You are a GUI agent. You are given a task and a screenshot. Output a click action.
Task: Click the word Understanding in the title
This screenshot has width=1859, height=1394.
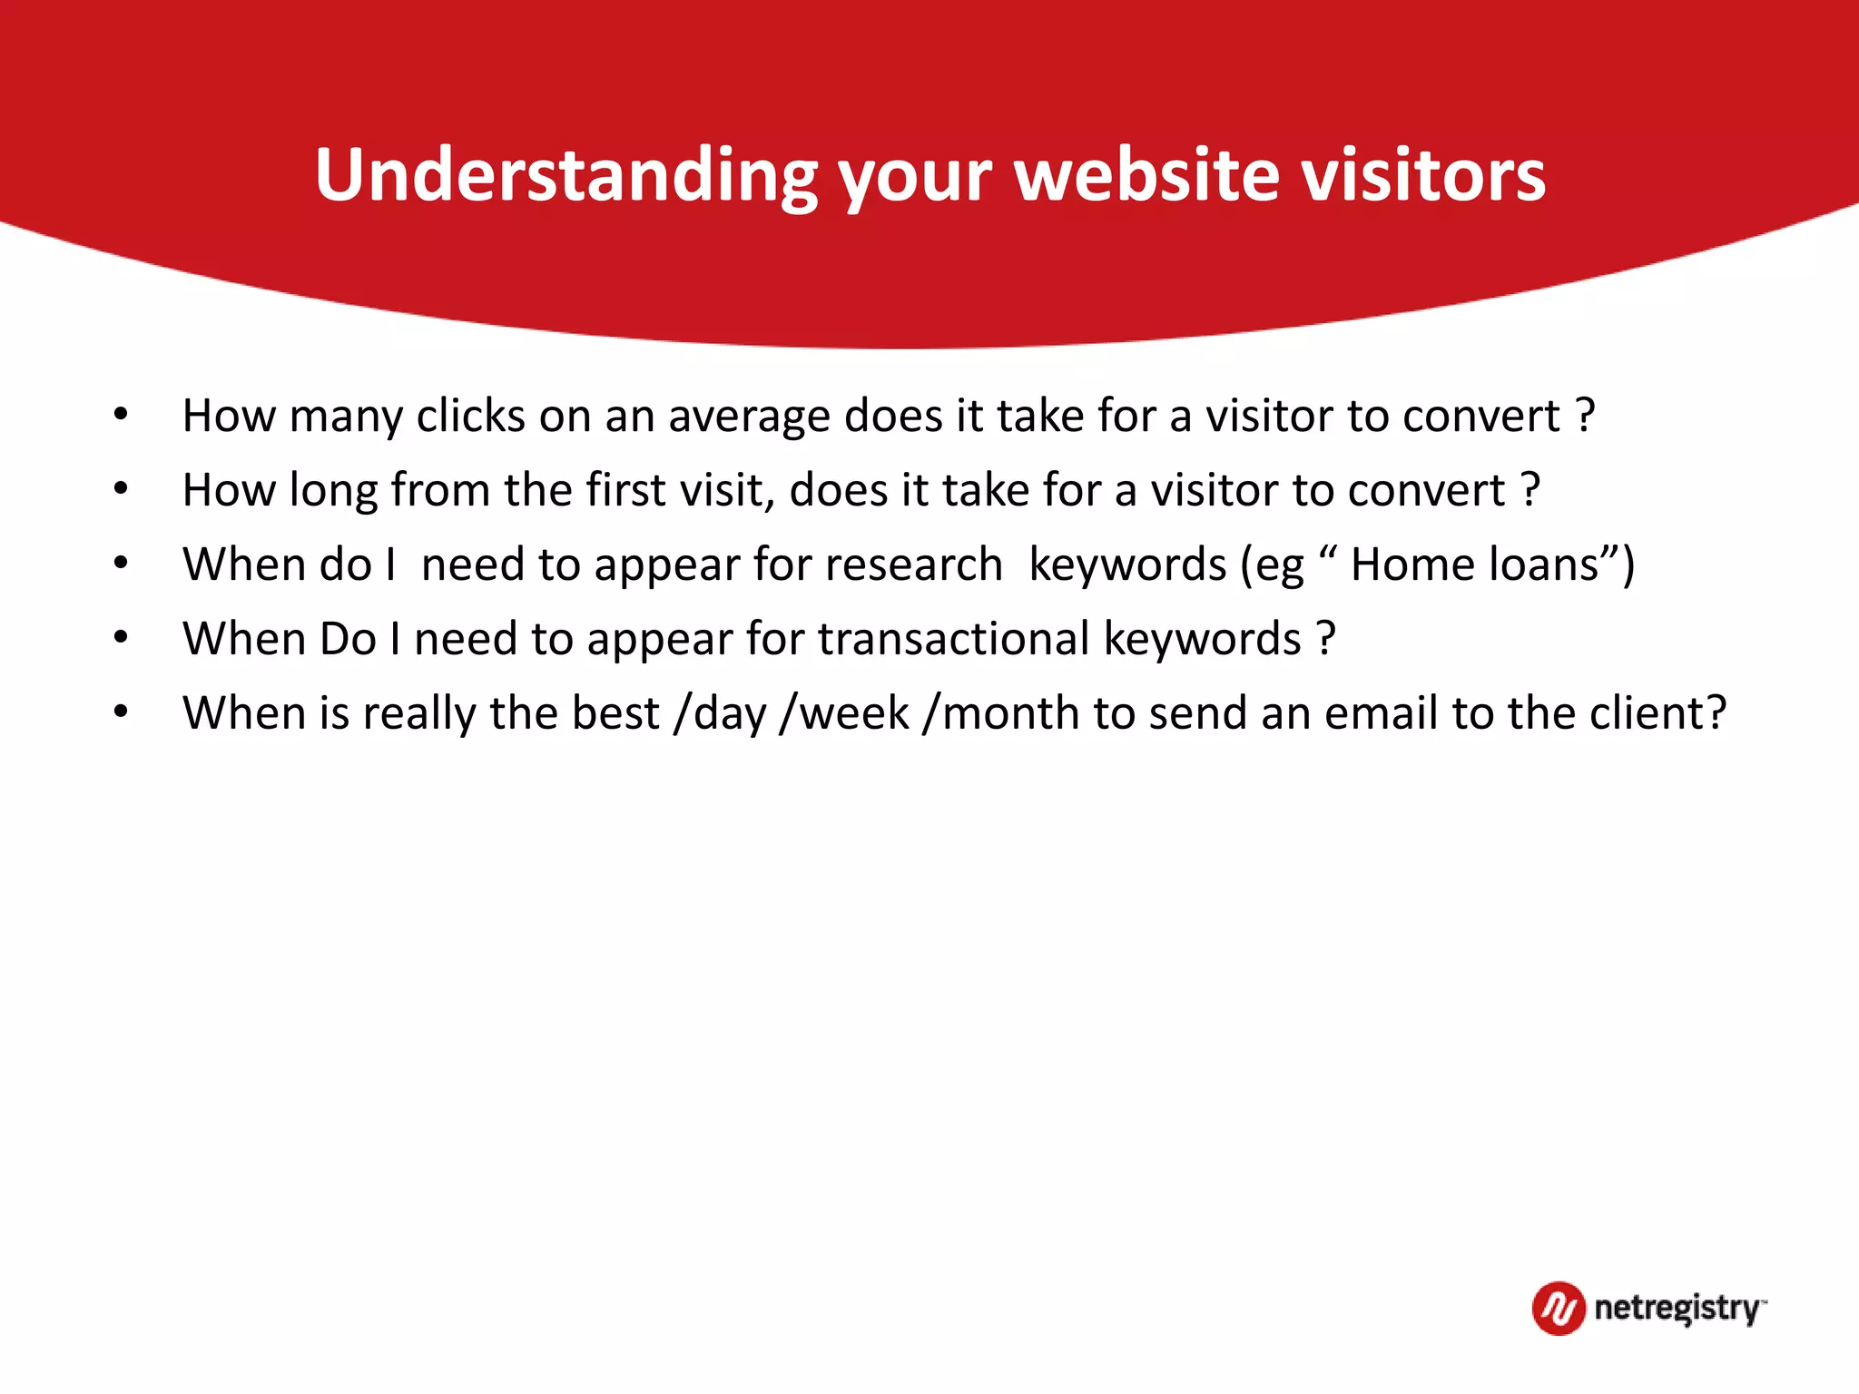(x=566, y=174)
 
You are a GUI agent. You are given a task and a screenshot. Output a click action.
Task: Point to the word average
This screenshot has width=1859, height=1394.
(x=748, y=417)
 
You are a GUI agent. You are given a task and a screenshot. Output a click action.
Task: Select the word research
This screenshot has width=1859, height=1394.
(x=914, y=564)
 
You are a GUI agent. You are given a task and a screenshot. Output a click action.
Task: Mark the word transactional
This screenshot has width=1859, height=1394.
(x=953, y=639)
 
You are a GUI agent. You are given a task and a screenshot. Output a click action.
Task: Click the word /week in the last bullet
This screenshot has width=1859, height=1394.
(x=843, y=713)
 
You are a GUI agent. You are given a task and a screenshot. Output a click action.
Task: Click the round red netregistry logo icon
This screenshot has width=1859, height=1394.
(x=1559, y=1309)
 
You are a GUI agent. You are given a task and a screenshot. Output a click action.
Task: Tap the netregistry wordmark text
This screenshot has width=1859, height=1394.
(x=1678, y=1309)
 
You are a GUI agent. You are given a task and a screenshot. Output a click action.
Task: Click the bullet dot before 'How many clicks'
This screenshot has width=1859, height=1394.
(x=121, y=416)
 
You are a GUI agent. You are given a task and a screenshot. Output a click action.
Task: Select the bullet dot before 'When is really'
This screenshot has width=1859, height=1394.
(x=121, y=713)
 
